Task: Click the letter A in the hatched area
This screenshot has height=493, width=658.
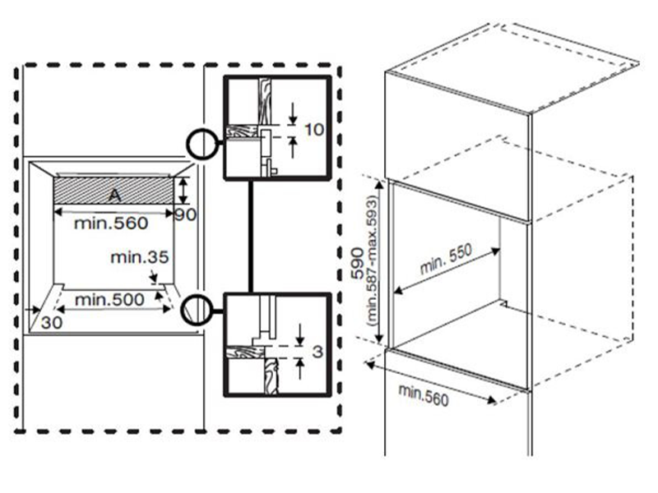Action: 115,195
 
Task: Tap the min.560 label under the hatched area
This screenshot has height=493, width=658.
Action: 111,223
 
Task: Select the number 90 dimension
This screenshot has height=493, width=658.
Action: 186,214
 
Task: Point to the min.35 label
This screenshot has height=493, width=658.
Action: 139,257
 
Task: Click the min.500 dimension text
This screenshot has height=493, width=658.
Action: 109,300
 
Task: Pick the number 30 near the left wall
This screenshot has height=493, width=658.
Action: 52,322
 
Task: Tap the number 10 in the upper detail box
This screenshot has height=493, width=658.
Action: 314,130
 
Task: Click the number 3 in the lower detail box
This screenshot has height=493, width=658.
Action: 317,352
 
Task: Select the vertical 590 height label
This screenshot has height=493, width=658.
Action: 358,264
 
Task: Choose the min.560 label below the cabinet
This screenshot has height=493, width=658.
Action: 424,395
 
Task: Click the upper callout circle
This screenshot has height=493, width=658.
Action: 202,144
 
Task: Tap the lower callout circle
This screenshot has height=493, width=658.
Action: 197,310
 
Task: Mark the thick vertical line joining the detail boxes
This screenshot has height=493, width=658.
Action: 251,236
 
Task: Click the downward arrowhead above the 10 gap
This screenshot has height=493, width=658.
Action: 293,119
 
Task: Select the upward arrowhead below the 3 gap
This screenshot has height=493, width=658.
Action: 300,363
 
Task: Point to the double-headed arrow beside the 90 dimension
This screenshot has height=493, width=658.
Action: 183,191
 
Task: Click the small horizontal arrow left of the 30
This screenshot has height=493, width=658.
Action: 32,310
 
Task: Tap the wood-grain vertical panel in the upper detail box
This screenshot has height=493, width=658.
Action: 265,101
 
